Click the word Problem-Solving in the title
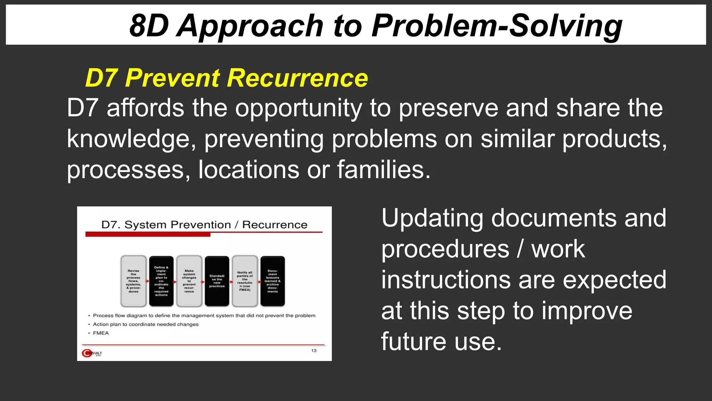(x=496, y=26)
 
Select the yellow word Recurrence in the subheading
(x=297, y=78)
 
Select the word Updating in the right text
(x=432, y=219)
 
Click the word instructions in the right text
(x=446, y=280)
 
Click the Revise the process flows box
(x=133, y=281)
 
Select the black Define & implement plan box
(x=161, y=281)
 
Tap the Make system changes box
(x=189, y=281)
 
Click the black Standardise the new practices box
(x=217, y=281)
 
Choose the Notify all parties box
(x=245, y=281)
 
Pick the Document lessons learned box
(x=273, y=281)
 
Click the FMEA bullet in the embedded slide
(x=101, y=333)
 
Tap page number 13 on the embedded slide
(x=314, y=351)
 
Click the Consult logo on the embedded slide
(x=92, y=353)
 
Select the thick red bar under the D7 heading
(x=148, y=235)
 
